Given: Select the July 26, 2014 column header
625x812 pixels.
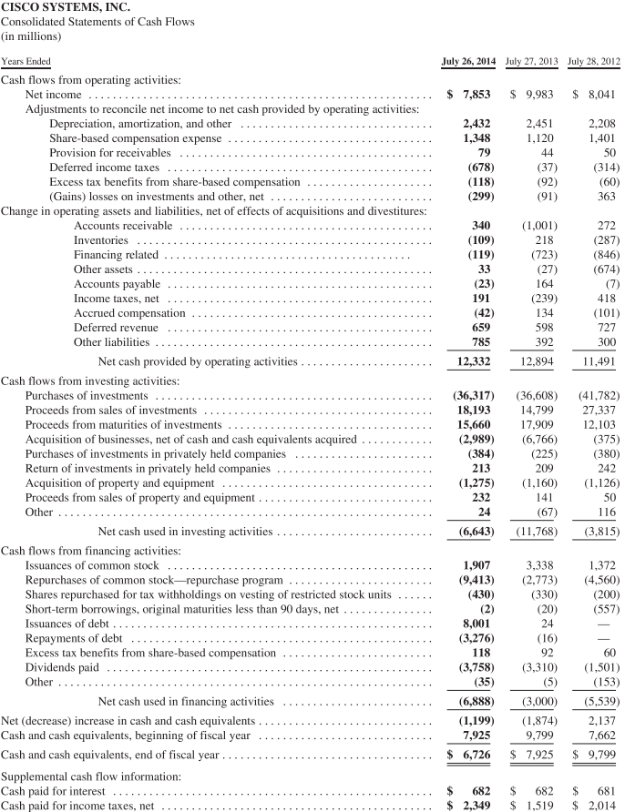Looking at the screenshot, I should pyautogui.click(x=468, y=61).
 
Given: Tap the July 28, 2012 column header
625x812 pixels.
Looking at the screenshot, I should pyautogui.click(x=594, y=61).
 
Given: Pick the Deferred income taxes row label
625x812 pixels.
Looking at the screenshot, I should pyautogui.click(x=104, y=167).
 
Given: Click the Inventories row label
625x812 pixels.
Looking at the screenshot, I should pyautogui.click(x=101, y=239).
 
